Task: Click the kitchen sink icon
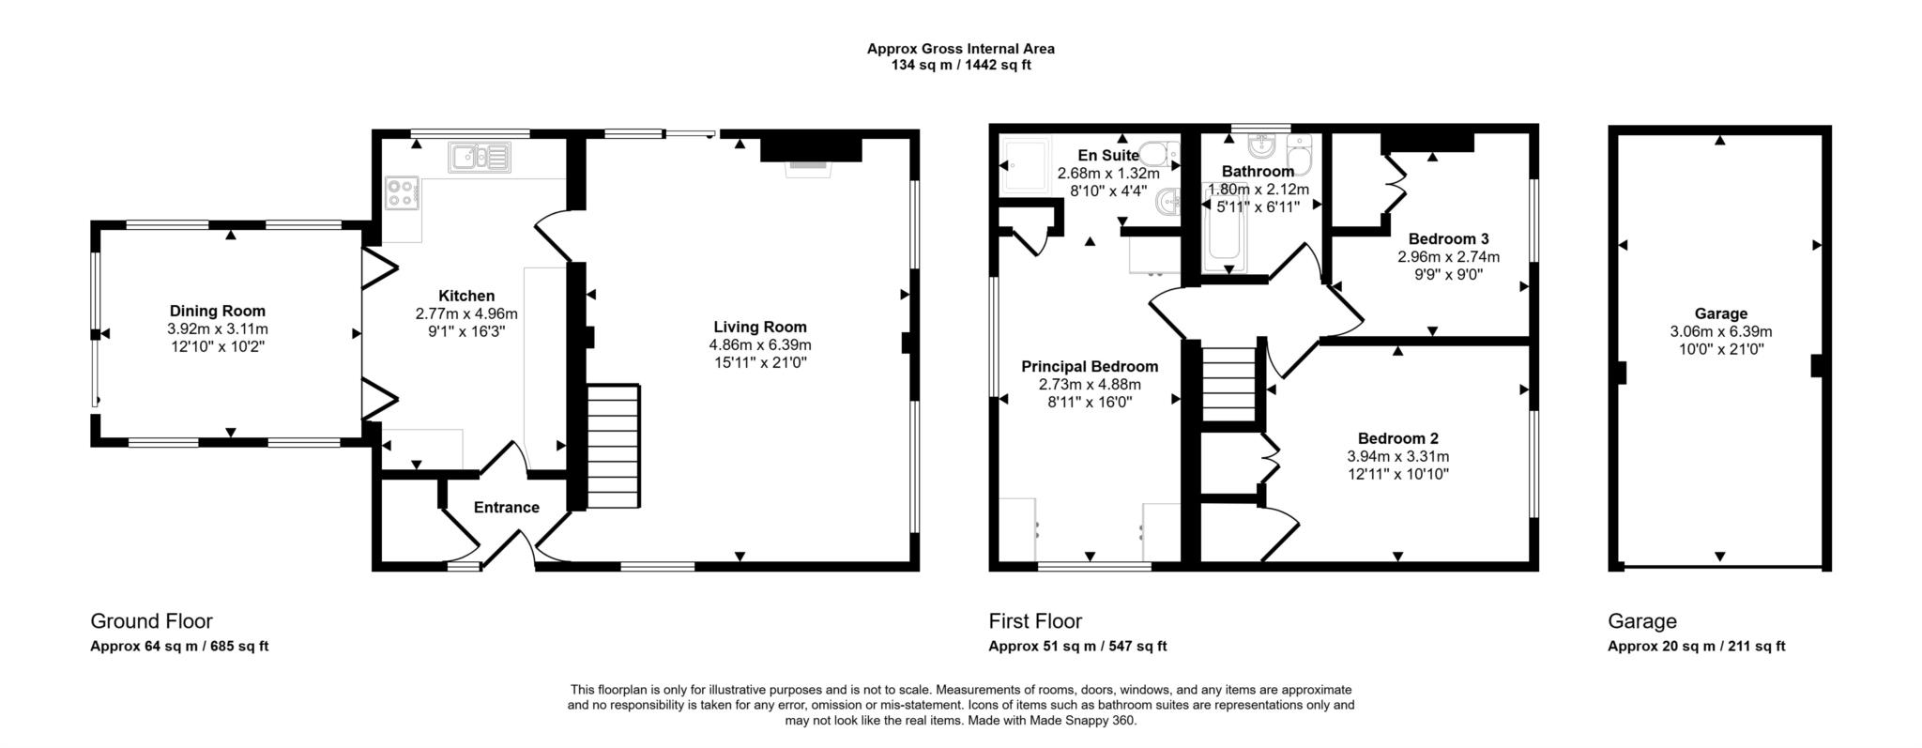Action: (478, 158)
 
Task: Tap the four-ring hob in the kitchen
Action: (401, 193)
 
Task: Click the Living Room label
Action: (759, 327)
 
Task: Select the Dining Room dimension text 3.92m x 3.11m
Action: (218, 329)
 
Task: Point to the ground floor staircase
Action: (615, 445)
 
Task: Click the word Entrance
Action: (506, 508)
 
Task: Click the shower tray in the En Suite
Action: (1026, 165)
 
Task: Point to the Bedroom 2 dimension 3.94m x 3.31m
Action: (1397, 457)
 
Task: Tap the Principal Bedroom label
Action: (1090, 367)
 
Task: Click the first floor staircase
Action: (1228, 386)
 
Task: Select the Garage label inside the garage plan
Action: (1720, 313)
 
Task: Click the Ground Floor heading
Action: (151, 621)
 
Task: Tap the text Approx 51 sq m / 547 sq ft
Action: (1077, 647)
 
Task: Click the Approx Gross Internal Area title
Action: (960, 49)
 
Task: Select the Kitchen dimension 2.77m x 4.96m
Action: (466, 313)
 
